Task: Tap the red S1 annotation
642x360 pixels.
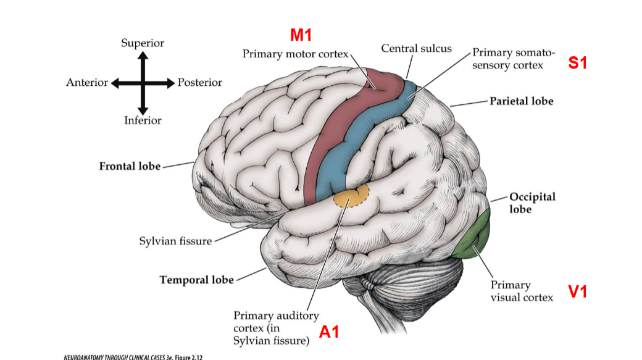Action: [577, 63]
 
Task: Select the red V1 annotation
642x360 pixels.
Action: [577, 291]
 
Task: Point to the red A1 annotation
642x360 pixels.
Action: [329, 332]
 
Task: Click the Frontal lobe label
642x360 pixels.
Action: [130, 166]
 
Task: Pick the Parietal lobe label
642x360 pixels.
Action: [521, 101]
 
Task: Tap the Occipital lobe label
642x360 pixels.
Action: [532, 203]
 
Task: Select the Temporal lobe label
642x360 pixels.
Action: [196, 280]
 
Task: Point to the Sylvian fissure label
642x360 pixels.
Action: [175, 241]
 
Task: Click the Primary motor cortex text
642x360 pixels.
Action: [295, 54]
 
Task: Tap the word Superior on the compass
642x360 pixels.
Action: [143, 43]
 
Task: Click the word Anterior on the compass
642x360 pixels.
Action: [87, 83]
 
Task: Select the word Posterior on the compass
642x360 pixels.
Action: [199, 83]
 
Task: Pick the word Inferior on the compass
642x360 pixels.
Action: [143, 120]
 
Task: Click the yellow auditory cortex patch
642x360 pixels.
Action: [350, 197]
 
